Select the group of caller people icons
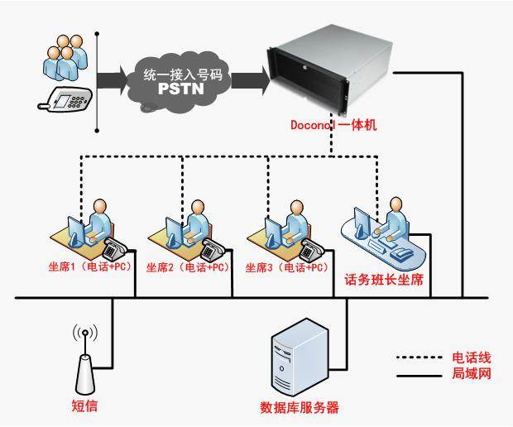[64, 54]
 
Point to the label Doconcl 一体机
[333, 126]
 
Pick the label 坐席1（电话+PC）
[85, 268]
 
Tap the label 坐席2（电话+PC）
[187, 268]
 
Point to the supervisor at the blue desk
[395, 218]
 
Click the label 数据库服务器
[299, 408]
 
